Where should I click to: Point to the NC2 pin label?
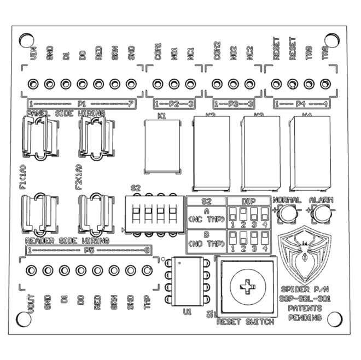tap(250, 52)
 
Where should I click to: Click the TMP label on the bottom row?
tap(147, 303)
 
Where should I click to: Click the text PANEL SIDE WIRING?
tap(66, 113)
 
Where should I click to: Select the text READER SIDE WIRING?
tap(67, 240)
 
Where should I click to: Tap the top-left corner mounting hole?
tap(26, 41)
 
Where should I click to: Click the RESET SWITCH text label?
tap(244, 322)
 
